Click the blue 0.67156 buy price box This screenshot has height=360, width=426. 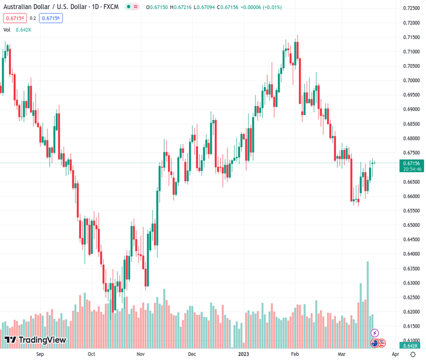pyautogui.click(x=51, y=18)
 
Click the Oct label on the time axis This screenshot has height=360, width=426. pyautogui.click(x=91, y=354)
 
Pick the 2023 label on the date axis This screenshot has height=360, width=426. pyautogui.click(x=244, y=354)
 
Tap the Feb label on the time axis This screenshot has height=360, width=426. pyautogui.click(x=295, y=354)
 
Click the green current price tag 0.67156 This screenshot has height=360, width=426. pyautogui.click(x=412, y=163)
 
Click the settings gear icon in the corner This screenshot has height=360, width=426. pyautogui.click(x=412, y=354)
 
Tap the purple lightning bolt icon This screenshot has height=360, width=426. pyautogui.click(x=375, y=333)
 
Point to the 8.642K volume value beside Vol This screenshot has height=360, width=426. pyautogui.click(x=23, y=29)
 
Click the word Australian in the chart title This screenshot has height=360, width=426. pyautogui.click(x=17, y=7)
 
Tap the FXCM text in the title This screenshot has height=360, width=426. pyautogui.click(x=111, y=7)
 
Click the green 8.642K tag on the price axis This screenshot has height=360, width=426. pyautogui.click(x=411, y=346)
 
